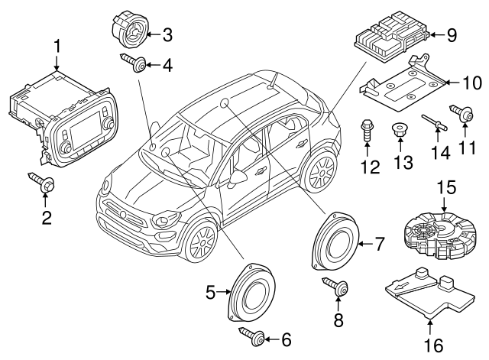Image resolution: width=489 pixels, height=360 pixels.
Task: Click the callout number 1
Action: pyautogui.click(x=56, y=48)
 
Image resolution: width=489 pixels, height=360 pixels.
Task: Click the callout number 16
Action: pyautogui.click(x=432, y=345)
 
